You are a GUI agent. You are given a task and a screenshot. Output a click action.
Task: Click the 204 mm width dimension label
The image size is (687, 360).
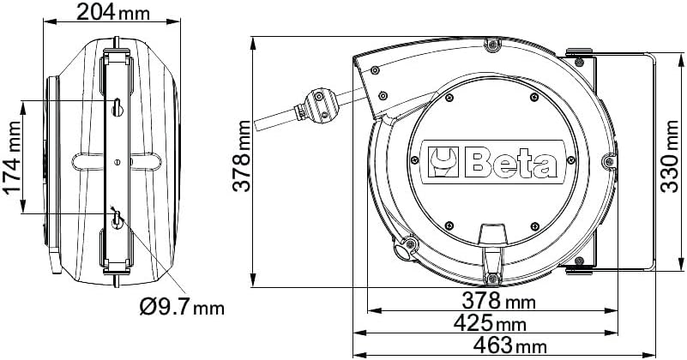coord(111,12)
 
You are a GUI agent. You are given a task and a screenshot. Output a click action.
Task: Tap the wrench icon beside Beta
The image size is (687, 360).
coord(444,160)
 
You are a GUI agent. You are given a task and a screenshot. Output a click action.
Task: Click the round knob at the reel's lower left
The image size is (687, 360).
coord(401,251)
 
